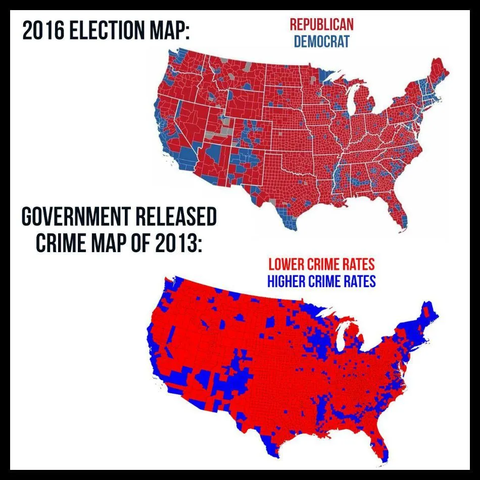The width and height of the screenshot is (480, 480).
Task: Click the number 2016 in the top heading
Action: tap(42, 32)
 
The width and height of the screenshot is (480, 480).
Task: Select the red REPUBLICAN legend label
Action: tap(321, 24)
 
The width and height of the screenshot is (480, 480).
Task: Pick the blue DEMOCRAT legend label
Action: tap(321, 41)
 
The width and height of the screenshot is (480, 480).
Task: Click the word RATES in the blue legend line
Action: tap(358, 281)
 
